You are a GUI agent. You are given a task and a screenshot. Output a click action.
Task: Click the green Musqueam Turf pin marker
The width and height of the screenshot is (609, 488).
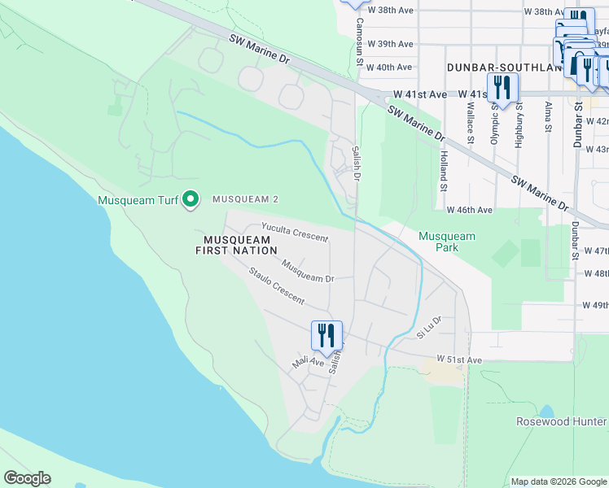(x=190, y=199)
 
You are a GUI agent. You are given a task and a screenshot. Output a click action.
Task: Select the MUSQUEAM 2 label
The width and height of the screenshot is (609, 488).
(x=246, y=199)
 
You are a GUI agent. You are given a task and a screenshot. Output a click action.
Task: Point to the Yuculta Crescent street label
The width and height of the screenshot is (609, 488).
(x=294, y=233)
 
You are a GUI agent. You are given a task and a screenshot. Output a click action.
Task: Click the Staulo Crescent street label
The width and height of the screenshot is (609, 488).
(x=276, y=287)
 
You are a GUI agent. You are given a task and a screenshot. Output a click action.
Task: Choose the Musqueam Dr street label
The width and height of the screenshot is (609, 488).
(x=308, y=271)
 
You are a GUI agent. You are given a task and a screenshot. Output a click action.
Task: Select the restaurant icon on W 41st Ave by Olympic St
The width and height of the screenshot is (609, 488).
(x=501, y=88)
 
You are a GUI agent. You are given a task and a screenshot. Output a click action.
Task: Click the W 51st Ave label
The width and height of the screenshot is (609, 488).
(x=459, y=359)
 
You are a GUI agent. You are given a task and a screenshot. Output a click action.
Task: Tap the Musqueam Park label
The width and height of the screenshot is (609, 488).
(x=446, y=242)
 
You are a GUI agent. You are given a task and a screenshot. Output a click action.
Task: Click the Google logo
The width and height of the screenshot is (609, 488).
(x=27, y=478)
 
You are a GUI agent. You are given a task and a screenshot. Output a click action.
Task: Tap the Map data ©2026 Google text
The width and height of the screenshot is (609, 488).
(x=558, y=481)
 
